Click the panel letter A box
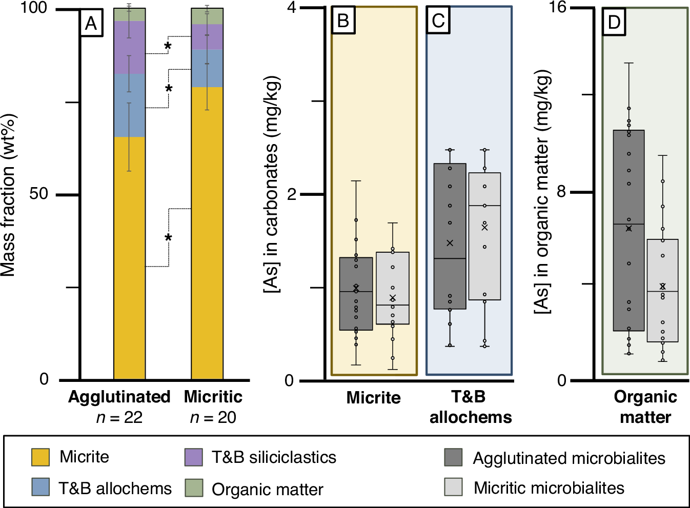pyautogui.click(x=91, y=23)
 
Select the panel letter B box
pyautogui.click(x=343, y=21)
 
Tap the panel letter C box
pyautogui.click(x=438, y=21)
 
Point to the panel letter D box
pyautogui.click(x=614, y=22)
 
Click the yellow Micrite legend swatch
pyautogui.click(x=40, y=457)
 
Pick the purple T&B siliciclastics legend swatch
pyautogui.click(x=194, y=457)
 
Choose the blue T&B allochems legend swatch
pyautogui.click(x=40, y=487)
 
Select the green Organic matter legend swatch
pyautogui.click(x=194, y=488)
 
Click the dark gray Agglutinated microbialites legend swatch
pyautogui.click(x=453, y=457)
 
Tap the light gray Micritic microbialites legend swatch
pyautogui.click(x=453, y=487)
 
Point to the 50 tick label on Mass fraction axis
pyautogui.click(x=38, y=194)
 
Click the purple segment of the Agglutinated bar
pyautogui.click(x=129, y=48)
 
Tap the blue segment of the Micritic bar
pyautogui.click(x=207, y=68)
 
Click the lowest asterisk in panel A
pyautogui.click(x=168, y=238)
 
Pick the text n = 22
pyautogui.click(x=119, y=418)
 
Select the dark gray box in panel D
pyautogui.click(x=628, y=230)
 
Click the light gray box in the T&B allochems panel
pyautogui.click(x=484, y=236)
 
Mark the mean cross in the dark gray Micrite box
pyautogui.click(x=356, y=288)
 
